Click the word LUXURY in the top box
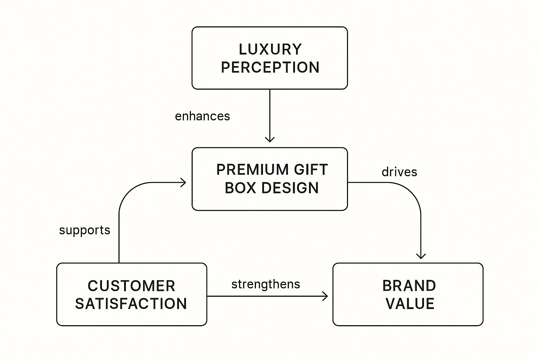point(270,49)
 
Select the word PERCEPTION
point(270,67)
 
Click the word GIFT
point(311,170)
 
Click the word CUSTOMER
point(131,286)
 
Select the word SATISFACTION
point(131,304)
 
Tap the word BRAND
point(409,286)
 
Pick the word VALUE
point(410,304)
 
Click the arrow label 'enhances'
point(202,116)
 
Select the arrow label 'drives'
point(399,172)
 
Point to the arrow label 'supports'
point(85,230)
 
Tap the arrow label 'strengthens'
point(266,284)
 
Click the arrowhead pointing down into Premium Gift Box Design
point(270,140)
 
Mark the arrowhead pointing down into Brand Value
point(421,256)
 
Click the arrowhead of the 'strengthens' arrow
point(325,296)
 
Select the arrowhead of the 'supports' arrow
point(183,182)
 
